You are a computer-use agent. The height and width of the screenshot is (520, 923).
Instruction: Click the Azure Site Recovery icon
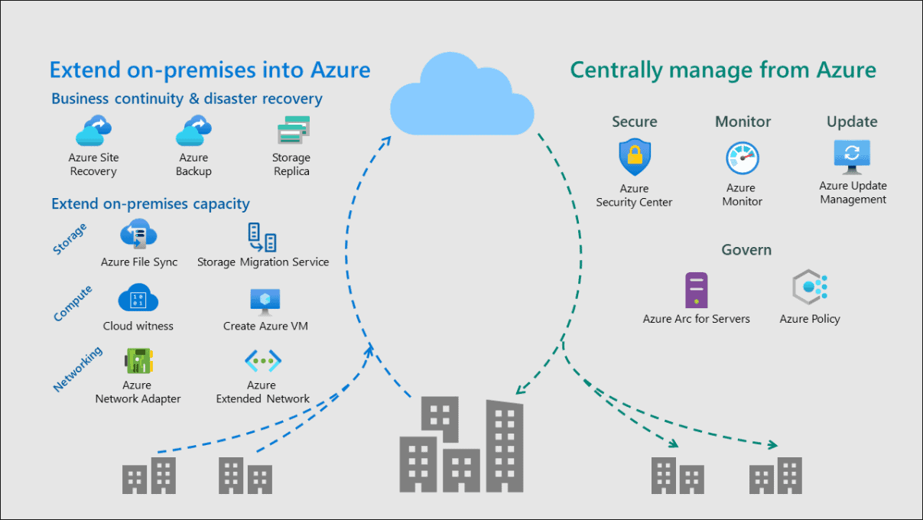tap(94, 131)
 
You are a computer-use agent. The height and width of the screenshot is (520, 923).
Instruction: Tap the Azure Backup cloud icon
tap(193, 131)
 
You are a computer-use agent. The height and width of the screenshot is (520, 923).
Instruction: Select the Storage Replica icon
tap(292, 131)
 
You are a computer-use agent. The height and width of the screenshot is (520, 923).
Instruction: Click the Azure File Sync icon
tap(138, 235)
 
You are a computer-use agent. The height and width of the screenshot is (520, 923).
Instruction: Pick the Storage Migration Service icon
tap(262, 237)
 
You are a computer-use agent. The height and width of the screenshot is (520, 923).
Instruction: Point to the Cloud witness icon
tap(138, 299)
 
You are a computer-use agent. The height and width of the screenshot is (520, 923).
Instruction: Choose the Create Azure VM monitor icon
tap(265, 301)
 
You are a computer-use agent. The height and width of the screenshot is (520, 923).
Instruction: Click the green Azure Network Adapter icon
tap(138, 361)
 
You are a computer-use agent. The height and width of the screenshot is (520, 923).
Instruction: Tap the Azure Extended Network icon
tap(262, 361)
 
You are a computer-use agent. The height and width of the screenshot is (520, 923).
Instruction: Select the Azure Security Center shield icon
tap(634, 158)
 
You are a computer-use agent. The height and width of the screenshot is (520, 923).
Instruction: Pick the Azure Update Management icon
tap(853, 156)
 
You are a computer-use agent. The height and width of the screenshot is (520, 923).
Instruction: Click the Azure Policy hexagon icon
tap(810, 288)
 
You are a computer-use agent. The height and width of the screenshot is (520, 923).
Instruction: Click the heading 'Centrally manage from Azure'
tap(723, 70)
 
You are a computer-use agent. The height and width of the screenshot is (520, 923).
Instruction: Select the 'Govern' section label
tap(746, 250)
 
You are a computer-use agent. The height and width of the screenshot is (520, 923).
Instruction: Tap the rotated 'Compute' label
tap(73, 303)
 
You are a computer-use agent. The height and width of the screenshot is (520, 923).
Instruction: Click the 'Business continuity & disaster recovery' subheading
tap(187, 99)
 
